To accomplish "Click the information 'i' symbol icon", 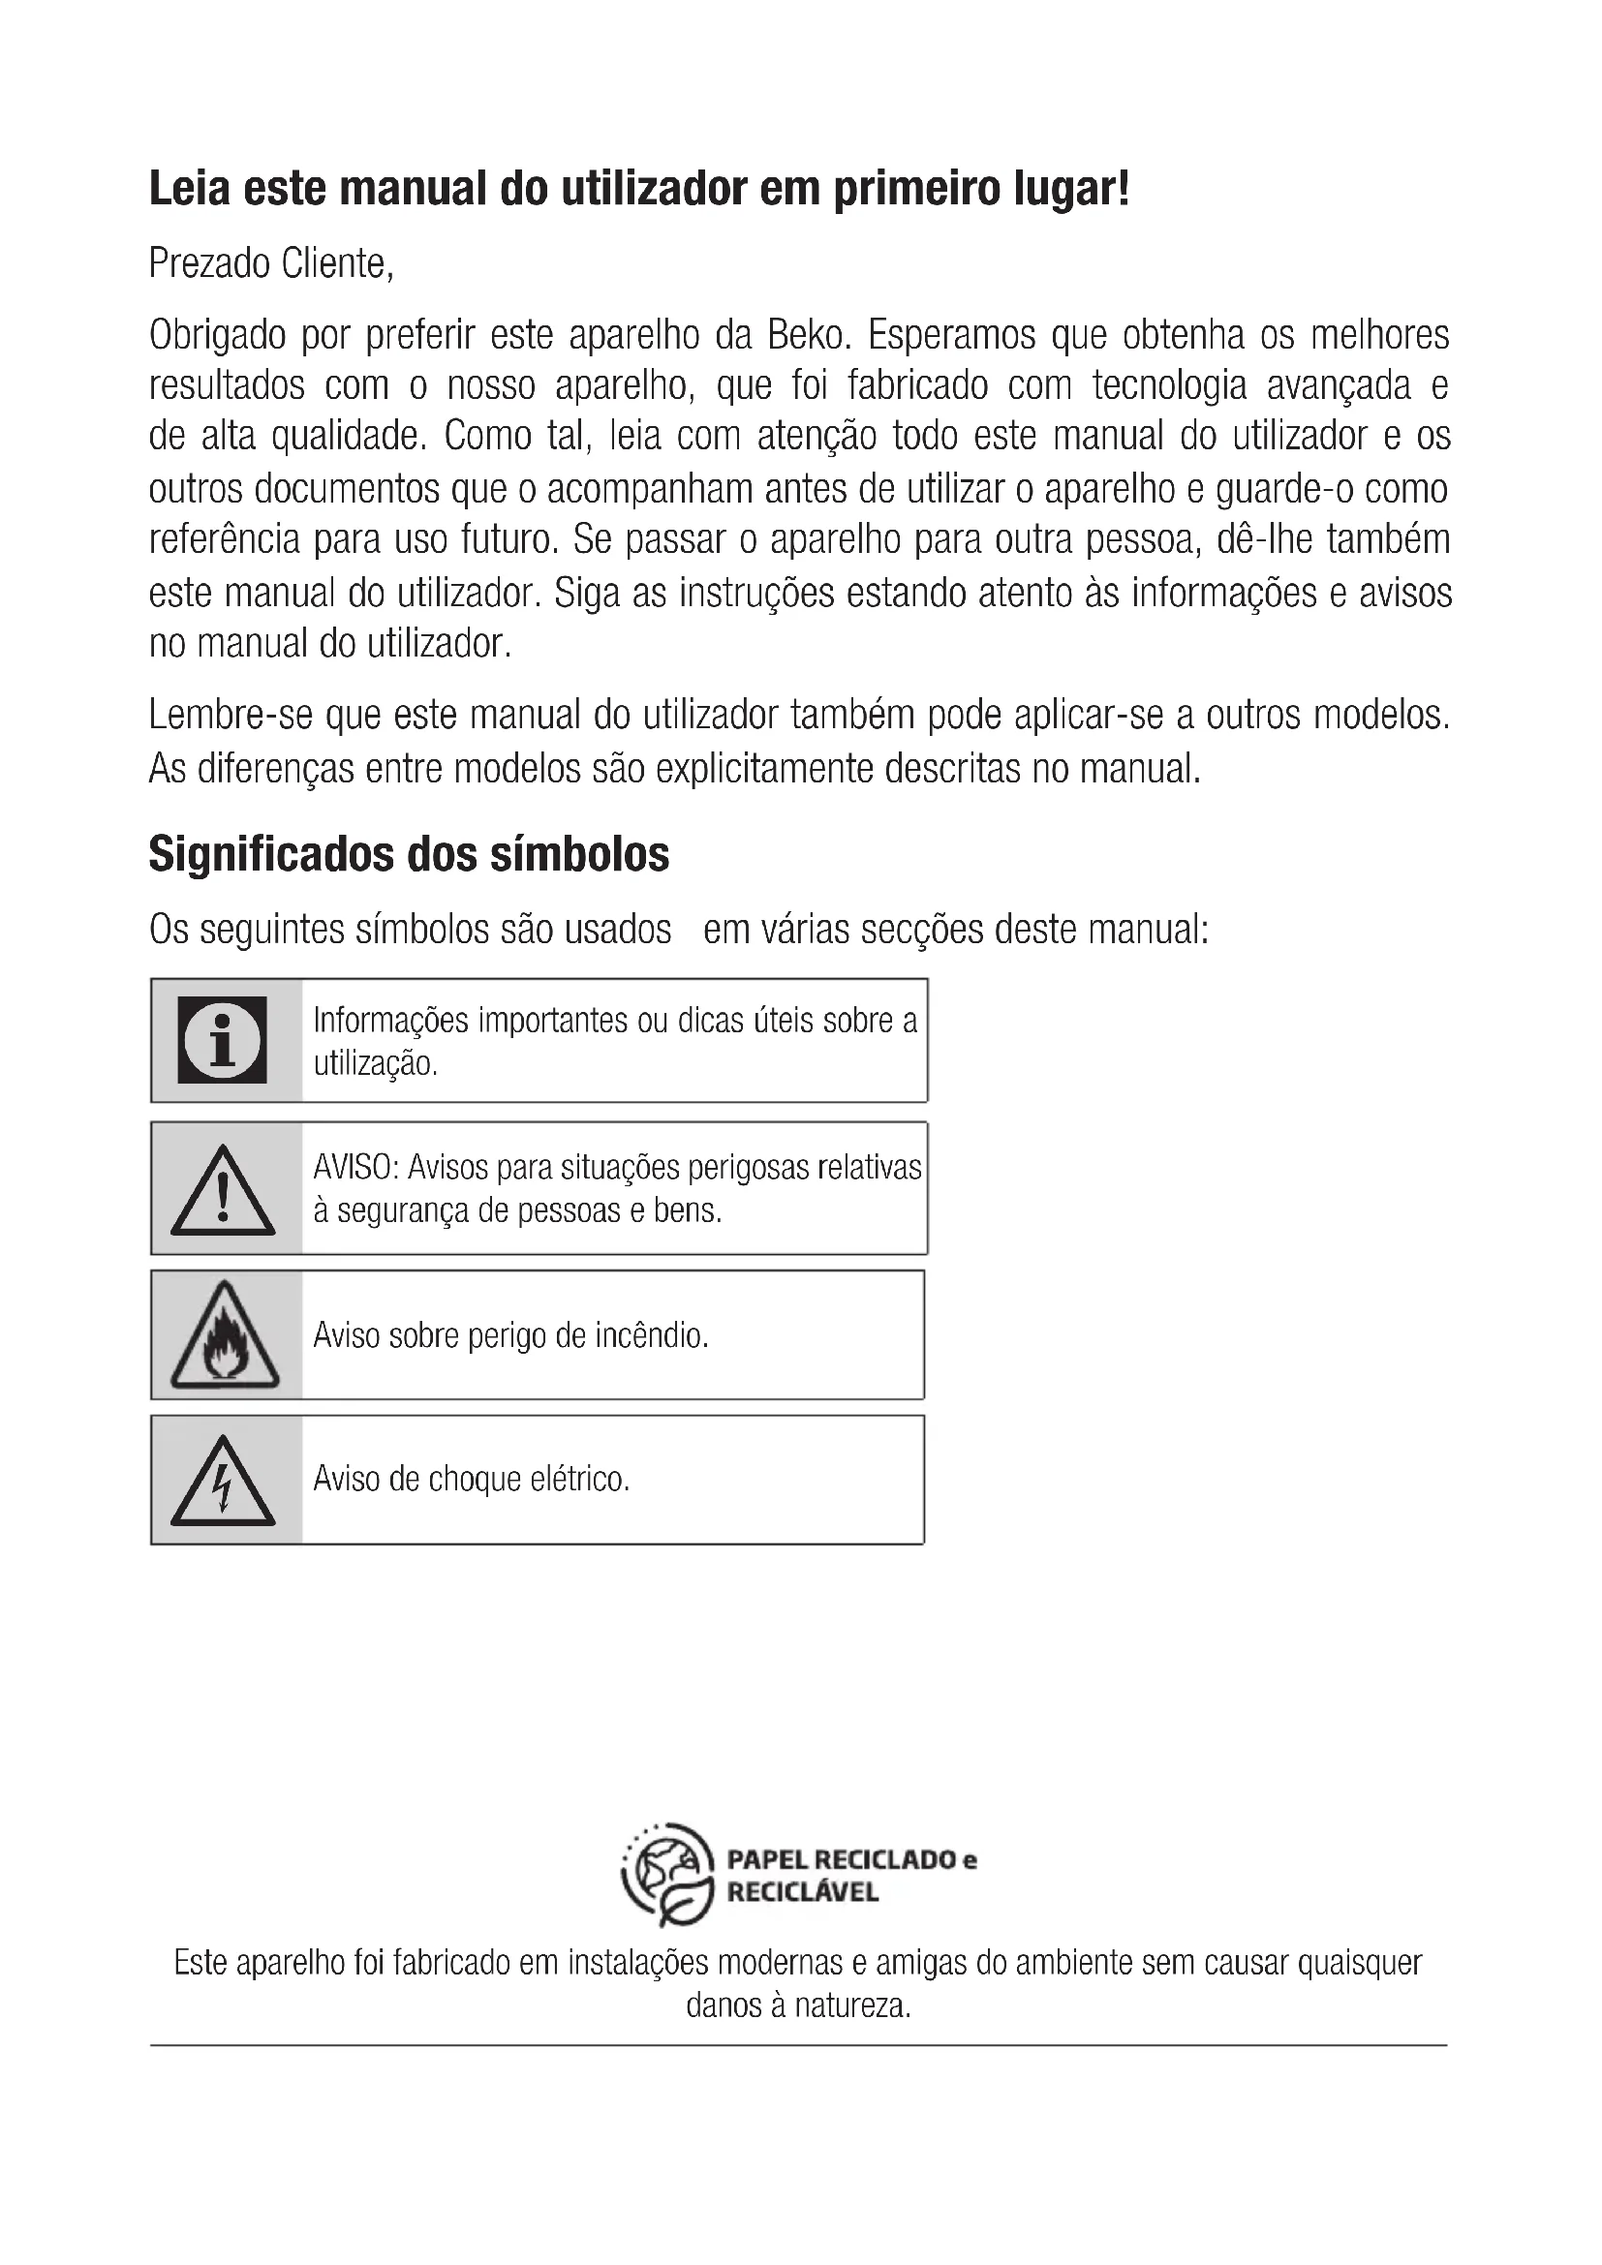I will tap(222, 1040).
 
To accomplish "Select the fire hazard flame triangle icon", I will tap(224, 1336).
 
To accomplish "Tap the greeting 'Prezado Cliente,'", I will tap(271, 263).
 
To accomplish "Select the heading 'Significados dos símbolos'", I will tap(409, 854).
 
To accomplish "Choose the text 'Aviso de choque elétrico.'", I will tap(471, 1479).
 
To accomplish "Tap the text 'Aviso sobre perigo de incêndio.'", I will tap(511, 1335).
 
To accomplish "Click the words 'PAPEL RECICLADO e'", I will tap(851, 1859).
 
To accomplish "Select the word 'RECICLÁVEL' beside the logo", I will tap(802, 1892).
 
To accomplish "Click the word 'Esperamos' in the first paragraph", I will tap(951, 335).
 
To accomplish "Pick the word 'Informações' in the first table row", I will tap(390, 1020).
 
